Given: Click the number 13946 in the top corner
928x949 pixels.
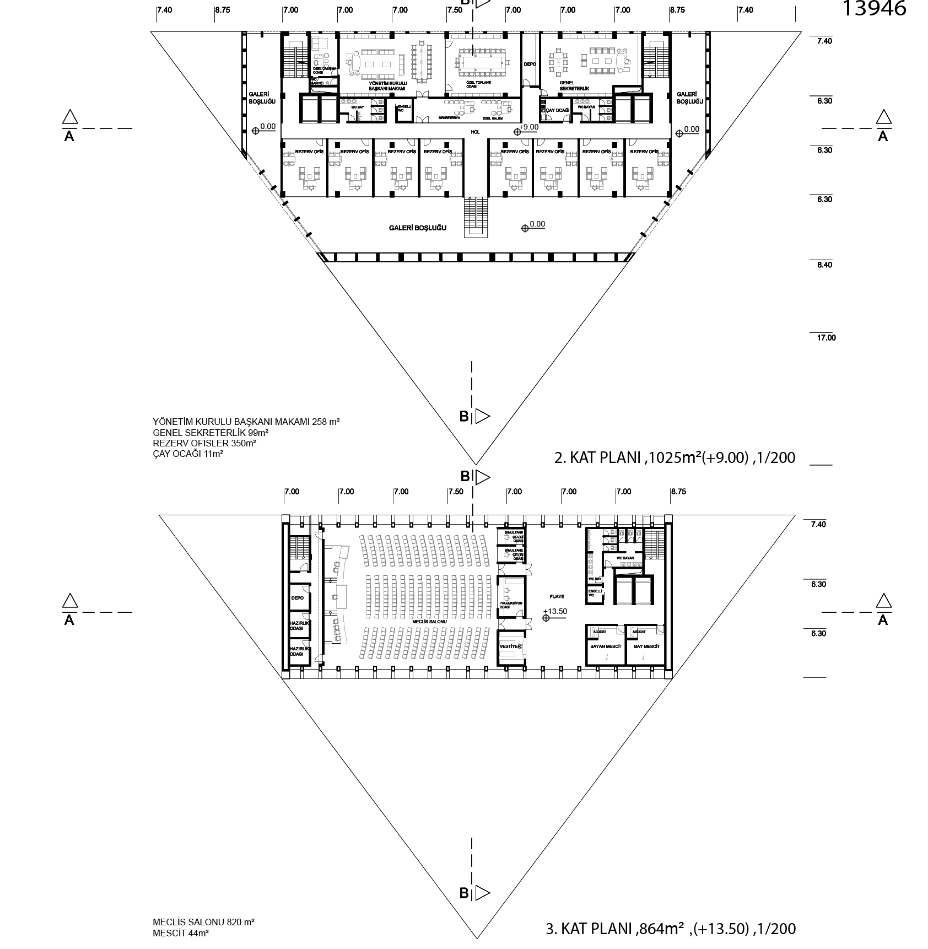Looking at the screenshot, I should [874, 8].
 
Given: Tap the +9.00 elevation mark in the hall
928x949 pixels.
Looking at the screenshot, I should [528, 127].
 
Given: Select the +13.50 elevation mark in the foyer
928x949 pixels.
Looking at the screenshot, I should [554, 611].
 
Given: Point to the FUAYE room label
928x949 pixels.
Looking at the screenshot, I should [557, 597].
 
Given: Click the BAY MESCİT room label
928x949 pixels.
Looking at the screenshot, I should [647, 646].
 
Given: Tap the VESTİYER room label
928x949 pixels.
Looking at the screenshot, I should [510, 646].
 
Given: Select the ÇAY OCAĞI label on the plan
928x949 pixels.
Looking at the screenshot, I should [557, 111].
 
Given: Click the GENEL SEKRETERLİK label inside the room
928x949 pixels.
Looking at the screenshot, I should [570, 85].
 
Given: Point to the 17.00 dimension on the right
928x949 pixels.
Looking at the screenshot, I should [826, 338].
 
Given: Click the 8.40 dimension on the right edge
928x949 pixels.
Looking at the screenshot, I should [824, 265].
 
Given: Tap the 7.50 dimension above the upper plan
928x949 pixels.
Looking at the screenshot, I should [455, 10].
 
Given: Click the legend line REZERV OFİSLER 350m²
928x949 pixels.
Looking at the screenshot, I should [204, 443].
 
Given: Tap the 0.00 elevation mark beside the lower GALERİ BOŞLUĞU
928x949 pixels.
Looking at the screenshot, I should [537, 224].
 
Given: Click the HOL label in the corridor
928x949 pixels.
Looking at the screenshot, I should [474, 132].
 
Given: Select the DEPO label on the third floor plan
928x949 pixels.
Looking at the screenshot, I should [298, 598].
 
